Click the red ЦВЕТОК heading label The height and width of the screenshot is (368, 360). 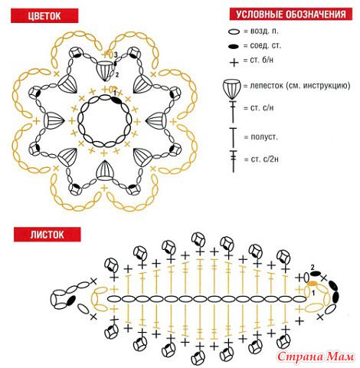[x=44, y=16]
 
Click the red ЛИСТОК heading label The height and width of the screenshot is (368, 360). [x=47, y=235]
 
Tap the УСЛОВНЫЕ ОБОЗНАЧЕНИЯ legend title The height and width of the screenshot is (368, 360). [x=291, y=14]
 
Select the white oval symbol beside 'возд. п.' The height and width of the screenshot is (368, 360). [x=234, y=32]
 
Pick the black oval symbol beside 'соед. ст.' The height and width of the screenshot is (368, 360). [x=234, y=47]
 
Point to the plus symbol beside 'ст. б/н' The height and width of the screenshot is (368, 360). [x=234, y=62]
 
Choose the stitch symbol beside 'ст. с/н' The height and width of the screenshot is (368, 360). [x=233, y=111]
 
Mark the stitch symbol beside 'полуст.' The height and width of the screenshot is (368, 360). [x=233, y=138]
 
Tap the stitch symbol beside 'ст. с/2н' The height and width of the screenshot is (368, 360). [x=233, y=161]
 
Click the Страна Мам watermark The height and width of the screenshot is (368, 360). [x=316, y=356]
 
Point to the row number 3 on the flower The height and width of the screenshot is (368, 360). [x=116, y=54]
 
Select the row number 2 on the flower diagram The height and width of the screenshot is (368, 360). [x=117, y=75]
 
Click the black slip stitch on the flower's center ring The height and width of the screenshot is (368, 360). [x=116, y=100]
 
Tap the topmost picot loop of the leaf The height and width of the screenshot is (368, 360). [x=198, y=240]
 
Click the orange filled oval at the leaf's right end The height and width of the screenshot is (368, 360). [x=312, y=284]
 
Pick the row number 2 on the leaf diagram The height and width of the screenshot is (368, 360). [x=313, y=268]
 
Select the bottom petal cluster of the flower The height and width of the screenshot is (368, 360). [x=104, y=170]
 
